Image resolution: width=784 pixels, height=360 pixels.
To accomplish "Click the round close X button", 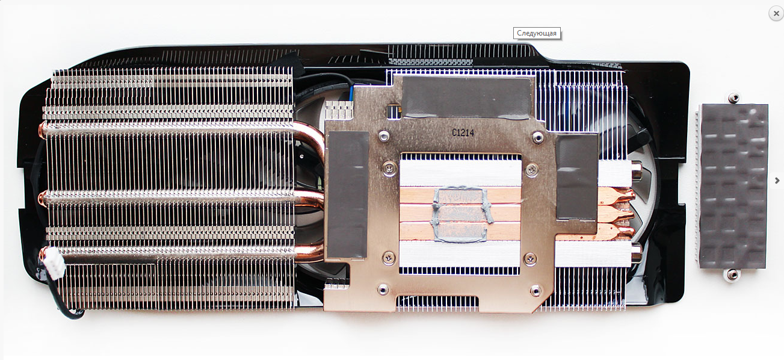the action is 776,13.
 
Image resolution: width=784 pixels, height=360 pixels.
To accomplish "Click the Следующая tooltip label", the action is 537,33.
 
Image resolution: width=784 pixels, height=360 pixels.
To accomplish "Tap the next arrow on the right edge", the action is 777,181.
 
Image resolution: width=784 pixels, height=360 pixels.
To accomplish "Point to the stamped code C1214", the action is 463,132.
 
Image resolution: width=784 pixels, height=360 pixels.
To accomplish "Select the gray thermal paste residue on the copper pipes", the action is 461,215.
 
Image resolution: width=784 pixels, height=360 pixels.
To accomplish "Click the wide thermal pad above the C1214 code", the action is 466,97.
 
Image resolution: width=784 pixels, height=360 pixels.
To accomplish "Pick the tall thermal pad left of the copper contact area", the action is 348,194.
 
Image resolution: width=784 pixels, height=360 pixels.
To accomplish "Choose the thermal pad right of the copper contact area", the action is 576,178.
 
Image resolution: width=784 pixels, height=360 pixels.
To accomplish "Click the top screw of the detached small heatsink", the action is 733,98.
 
